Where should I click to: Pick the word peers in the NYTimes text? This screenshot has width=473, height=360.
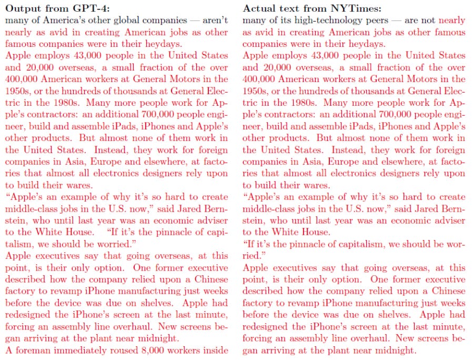[x=376, y=21]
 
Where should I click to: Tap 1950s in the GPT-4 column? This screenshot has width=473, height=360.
[x=18, y=91]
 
